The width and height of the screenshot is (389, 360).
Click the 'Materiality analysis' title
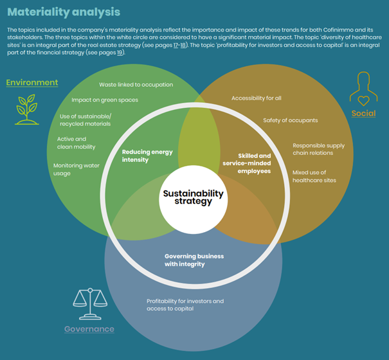(64, 12)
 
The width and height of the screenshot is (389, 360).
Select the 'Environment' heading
(32, 82)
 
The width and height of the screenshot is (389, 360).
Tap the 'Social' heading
(363, 114)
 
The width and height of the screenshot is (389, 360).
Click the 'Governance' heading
(89, 329)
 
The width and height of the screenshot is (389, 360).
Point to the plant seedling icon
(26, 109)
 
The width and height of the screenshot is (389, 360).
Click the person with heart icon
(363, 90)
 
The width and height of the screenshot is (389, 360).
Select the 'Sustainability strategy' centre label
(193, 197)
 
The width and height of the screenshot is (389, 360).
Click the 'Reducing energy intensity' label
(147, 156)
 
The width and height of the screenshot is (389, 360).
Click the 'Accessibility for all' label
(256, 98)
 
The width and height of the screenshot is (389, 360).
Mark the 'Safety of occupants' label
(290, 120)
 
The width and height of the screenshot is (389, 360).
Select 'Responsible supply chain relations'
(318, 149)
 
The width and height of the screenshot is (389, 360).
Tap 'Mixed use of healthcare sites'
(314, 176)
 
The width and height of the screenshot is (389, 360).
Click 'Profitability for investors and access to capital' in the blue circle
(185, 305)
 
